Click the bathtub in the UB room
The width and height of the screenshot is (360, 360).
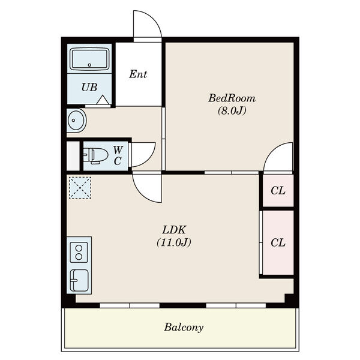[x=89, y=59]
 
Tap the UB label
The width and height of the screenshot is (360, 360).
[x=89, y=87]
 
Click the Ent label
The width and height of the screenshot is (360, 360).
[x=138, y=74]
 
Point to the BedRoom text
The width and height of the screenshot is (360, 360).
[x=232, y=98]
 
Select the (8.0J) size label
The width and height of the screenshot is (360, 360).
[x=232, y=111]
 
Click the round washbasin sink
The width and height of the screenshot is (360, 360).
[x=76, y=121]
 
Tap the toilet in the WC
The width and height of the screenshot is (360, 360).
[x=95, y=155]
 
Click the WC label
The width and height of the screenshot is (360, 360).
[x=118, y=155]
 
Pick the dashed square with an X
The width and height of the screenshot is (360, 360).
[x=80, y=188]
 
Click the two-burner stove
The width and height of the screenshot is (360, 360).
[x=79, y=253]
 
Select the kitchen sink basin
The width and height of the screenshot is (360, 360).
[x=79, y=280]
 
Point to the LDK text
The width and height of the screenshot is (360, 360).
[x=174, y=230]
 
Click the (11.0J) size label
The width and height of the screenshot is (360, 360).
[x=174, y=242]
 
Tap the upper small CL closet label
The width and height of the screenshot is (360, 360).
[x=278, y=191]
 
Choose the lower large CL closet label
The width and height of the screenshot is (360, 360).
[x=278, y=242]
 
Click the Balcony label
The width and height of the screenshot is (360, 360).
[x=184, y=327]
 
